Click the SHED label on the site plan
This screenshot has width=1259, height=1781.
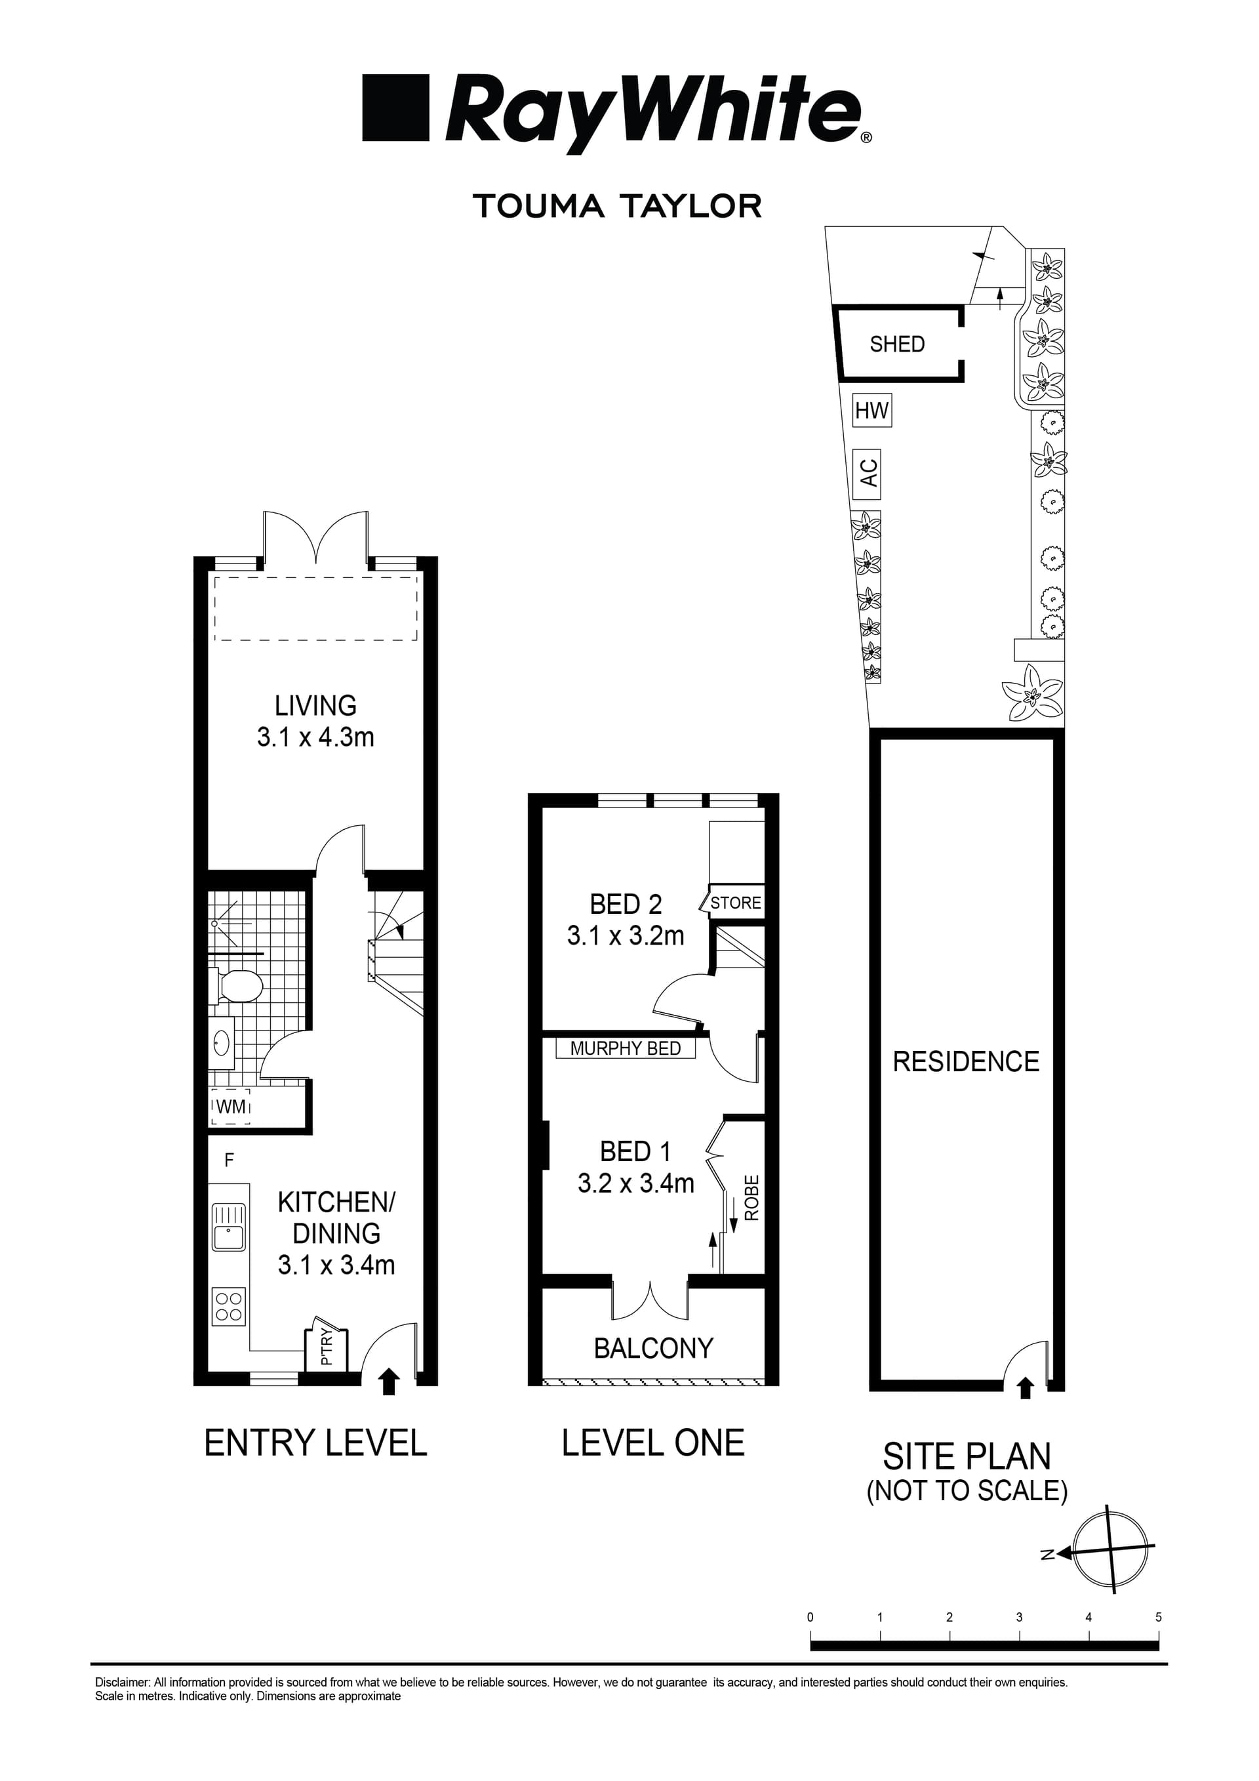(897, 344)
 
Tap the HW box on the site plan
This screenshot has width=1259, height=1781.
(871, 411)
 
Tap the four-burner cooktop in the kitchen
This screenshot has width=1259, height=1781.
(230, 1306)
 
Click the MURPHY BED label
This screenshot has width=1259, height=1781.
(625, 1049)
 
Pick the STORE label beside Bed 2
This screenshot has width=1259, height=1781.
(736, 903)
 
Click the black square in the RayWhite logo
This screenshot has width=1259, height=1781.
(395, 108)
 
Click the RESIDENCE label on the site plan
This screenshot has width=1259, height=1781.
(965, 1062)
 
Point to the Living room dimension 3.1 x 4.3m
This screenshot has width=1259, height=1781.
(315, 737)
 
